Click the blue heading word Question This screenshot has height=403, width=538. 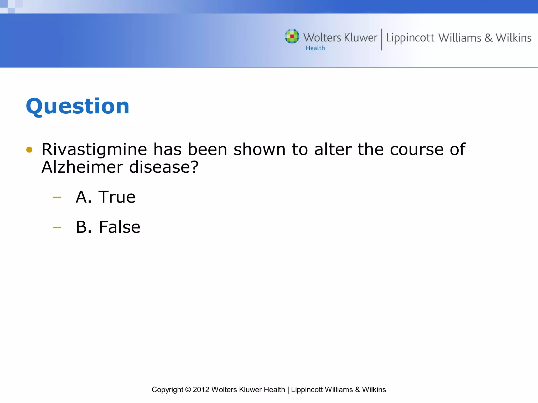pos(77,106)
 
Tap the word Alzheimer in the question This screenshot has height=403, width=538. pos(82,167)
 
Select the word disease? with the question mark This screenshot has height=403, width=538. pos(164,167)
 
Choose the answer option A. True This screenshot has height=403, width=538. pos(106,197)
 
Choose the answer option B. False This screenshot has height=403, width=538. pos(108,227)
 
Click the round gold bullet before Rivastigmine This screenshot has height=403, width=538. pos(29,150)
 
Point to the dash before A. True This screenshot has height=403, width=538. pos(57,197)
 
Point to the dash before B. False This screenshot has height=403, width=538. pos(57,227)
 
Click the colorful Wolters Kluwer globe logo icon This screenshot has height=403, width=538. pos(292,36)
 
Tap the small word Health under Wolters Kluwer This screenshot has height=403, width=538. pos(315,48)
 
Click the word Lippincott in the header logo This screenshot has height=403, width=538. pos(410,38)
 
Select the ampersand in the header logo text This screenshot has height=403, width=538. pos(488,38)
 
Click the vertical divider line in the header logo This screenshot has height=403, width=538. pos(382,39)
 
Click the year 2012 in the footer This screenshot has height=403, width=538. pos(201,390)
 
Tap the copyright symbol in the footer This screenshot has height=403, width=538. pos(188,390)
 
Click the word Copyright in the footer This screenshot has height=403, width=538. pos(167,390)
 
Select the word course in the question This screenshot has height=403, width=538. pos(417,150)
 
